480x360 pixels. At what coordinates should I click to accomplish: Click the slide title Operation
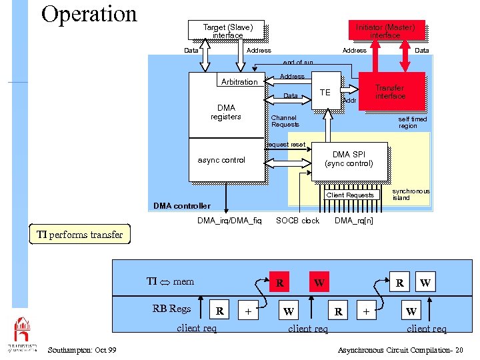click(89, 14)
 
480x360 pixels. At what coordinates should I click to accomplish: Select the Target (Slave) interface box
click(228, 31)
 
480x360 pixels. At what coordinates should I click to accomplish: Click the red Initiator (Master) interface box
click(385, 30)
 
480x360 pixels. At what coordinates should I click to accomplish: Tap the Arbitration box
click(239, 82)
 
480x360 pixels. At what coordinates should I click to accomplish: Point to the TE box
click(325, 91)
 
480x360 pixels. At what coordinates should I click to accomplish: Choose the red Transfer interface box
click(391, 91)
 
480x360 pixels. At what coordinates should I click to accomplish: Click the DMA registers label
click(226, 112)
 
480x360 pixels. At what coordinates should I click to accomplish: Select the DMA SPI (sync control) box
click(349, 159)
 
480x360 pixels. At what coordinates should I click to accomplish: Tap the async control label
click(221, 160)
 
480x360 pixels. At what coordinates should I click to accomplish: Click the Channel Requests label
click(285, 121)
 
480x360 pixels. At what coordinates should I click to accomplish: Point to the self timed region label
click(412, 123)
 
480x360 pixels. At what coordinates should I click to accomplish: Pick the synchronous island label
click(411, 194)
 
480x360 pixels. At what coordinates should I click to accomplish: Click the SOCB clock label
click(297, 221)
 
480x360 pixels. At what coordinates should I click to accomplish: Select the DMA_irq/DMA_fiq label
click(229, 221)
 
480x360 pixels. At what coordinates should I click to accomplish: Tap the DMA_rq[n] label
click(353, 221)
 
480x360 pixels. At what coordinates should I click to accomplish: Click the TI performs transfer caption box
click(79, 235)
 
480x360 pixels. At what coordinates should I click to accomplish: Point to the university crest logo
click(22, 331)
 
